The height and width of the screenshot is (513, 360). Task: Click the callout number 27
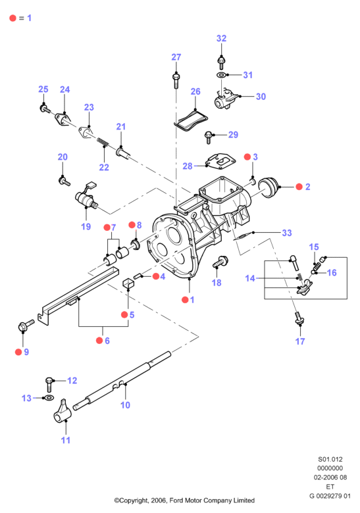(176, 57)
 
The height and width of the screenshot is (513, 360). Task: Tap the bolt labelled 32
(221, 62)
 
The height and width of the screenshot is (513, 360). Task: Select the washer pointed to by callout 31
(221, 75)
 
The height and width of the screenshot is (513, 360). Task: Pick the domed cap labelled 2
(268, 187)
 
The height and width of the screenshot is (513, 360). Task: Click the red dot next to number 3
(247, 157)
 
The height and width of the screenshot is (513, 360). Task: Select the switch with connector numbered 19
(86, 196)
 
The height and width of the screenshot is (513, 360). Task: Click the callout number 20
(63, 157)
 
